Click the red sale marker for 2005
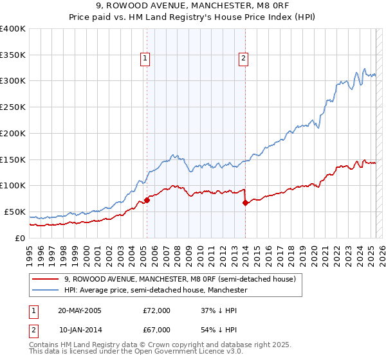click(x=147, y=200)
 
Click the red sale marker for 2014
click(x=245, y=203)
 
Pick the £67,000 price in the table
click(x=157, y=330)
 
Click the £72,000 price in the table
click(x=157, y=310)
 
